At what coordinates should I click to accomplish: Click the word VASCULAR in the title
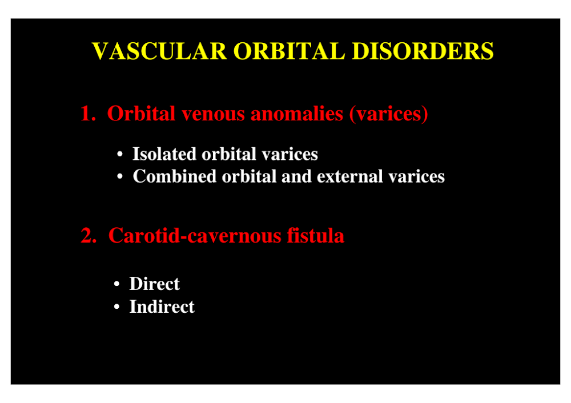tap(159, 51)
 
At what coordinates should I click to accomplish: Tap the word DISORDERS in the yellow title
tap(423, 51)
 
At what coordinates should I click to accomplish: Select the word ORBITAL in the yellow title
tap(289, 51)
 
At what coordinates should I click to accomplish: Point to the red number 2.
tap(89, 235)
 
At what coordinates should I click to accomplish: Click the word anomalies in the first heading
tap(296, 114)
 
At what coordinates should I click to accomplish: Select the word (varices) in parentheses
tap(388, 114)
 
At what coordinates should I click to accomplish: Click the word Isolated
tap(164, 154)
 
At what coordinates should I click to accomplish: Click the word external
tap(349, 176)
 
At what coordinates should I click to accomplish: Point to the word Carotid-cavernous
tap(195, 235)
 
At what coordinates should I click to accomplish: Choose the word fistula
tap(315, 235)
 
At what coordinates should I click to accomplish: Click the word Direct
tap(154, 284)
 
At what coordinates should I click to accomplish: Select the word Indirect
tap(162, 307)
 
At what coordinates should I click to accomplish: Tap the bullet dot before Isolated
tap(120, 154)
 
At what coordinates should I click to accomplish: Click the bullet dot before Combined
tap(120, 177)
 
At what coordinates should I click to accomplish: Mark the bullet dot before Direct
tap(116, 284)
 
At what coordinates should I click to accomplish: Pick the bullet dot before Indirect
tap(116, 307)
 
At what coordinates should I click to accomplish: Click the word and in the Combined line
tap(296, 176)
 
